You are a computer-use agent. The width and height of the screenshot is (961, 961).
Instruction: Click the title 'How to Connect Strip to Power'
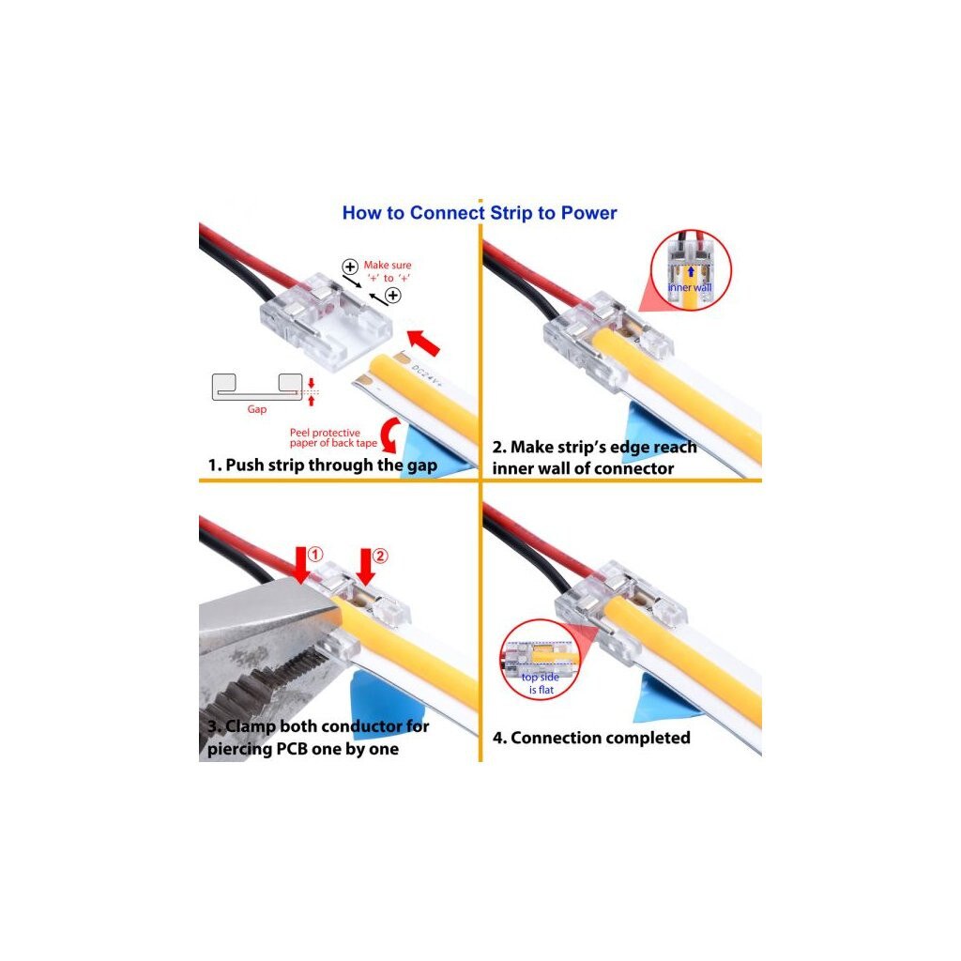(x=480, y=213)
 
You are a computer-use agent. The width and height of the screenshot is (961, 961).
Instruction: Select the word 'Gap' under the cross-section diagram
(x=257, y=409)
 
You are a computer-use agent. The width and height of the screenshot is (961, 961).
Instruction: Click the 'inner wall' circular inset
(x=690, y=271)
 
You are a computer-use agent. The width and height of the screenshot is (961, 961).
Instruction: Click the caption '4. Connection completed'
(x=591, y=738)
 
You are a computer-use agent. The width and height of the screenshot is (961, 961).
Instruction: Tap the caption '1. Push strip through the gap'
(x=322, y=465)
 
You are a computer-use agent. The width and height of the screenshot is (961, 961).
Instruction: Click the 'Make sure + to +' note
(x=388, y=271)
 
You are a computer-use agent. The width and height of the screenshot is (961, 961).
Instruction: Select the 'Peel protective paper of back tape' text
(x=326, y=437)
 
